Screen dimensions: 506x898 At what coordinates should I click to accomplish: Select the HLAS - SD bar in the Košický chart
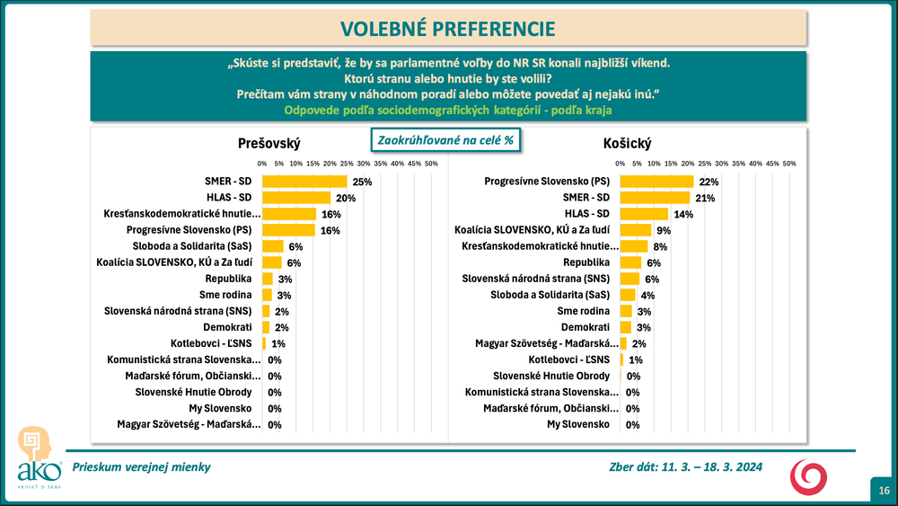point(644,214)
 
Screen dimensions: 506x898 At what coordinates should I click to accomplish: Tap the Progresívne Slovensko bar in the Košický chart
point(657,182)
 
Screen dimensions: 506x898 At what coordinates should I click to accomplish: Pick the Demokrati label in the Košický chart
point(585,327)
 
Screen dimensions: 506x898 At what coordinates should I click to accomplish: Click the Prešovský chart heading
point(269,144)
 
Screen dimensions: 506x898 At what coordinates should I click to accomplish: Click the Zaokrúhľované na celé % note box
point(446,140)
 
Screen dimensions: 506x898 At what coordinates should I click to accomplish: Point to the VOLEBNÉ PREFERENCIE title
point(449,29)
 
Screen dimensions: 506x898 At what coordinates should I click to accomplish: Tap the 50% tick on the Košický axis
point(789,164)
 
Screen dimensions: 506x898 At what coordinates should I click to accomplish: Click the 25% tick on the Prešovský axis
point(347,164)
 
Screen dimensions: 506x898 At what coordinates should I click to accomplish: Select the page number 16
point(885,490)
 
